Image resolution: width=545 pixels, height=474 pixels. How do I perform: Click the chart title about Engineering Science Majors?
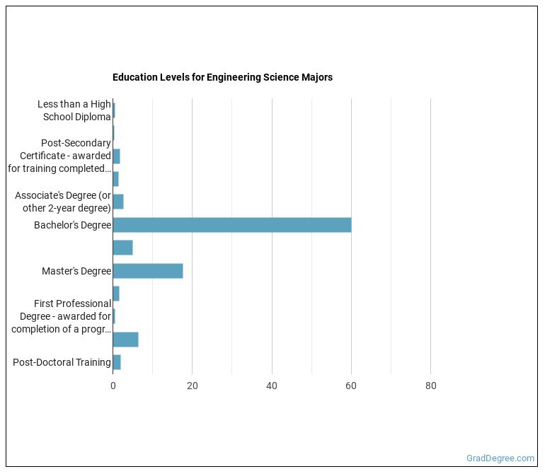222,77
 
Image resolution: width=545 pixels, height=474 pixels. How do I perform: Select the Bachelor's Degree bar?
231,225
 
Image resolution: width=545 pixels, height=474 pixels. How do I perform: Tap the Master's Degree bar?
147,271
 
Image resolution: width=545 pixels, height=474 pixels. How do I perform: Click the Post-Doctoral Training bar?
117,362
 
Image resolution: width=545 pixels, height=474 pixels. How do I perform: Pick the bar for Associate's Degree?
118,202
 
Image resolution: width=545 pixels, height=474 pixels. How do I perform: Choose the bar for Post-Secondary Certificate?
116,156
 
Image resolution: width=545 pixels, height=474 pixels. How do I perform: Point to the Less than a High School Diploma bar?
114,110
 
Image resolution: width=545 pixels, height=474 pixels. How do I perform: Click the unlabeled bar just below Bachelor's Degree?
122,248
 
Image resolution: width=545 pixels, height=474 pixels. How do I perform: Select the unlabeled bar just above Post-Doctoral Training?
125,340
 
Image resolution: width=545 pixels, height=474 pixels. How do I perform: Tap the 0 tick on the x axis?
113,386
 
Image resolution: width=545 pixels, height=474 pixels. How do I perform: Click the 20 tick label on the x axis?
192,386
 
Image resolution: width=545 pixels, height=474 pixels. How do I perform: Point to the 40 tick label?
272,386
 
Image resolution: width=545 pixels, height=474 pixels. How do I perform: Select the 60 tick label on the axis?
351,386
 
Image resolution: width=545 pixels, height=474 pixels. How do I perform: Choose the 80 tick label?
430,386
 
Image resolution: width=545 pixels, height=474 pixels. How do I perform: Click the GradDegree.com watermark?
500,458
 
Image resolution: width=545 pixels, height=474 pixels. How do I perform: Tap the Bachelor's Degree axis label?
72,226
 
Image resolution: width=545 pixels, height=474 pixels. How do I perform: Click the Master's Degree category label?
76,271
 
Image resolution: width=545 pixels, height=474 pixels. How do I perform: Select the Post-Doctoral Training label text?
62,362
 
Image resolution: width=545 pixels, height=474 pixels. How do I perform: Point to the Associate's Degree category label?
63,202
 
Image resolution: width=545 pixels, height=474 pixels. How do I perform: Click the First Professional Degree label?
61,316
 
